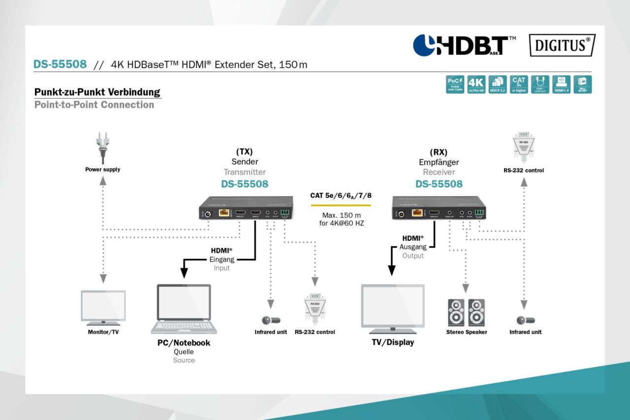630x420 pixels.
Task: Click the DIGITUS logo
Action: [x=562, y=46]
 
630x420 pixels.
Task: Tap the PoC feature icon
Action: [x=454, y=84]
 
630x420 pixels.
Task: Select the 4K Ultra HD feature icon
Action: [x=476, y=84]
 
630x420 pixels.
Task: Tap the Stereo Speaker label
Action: [x=467, y=332]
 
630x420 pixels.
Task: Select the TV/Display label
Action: [x=393, y=343]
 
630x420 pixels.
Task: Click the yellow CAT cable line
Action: [x=340, y=204]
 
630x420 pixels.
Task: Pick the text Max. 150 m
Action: [x=341, y=215]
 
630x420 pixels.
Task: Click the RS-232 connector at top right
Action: [x=524, y=147]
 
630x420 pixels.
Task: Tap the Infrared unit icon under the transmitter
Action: [x=270, y=320]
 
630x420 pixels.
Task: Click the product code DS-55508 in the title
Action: [x=60, y=65]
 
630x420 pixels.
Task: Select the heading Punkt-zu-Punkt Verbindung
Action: [x=97, y=93]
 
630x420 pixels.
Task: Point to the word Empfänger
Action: [x=439, y=162]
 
